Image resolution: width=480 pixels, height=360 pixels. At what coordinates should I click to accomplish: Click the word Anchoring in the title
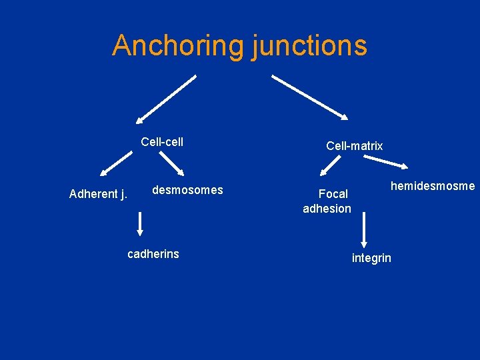[x=178, y=45]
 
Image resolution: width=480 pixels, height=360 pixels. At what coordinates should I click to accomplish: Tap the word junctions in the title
[x=309, y=45]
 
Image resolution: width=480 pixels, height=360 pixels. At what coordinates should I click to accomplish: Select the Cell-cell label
[x=162, y=141]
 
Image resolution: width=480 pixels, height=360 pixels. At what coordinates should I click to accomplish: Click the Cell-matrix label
[x=355, y=145]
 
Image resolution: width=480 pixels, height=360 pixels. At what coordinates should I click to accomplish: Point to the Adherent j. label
[x=98, y=195]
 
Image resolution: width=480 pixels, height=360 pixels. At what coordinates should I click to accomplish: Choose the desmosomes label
[x=187, y=190]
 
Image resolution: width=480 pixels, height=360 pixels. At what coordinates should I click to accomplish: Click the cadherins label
[x=153, y=253]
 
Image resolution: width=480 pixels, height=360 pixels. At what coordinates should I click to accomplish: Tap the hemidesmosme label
[x=433, y=186]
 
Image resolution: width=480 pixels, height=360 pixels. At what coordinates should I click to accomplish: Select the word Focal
[x=333, y=194]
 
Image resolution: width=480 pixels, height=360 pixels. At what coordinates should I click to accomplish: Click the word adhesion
[x=327, y=209]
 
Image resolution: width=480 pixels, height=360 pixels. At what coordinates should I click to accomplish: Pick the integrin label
[x=371, y=258]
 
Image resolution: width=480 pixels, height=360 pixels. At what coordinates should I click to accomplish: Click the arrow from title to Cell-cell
[x=166, y=99]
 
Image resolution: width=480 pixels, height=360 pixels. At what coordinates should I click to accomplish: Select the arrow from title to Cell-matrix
[x=309, y=97]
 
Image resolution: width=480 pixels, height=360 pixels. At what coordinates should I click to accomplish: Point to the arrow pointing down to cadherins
[x=140, y=223]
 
